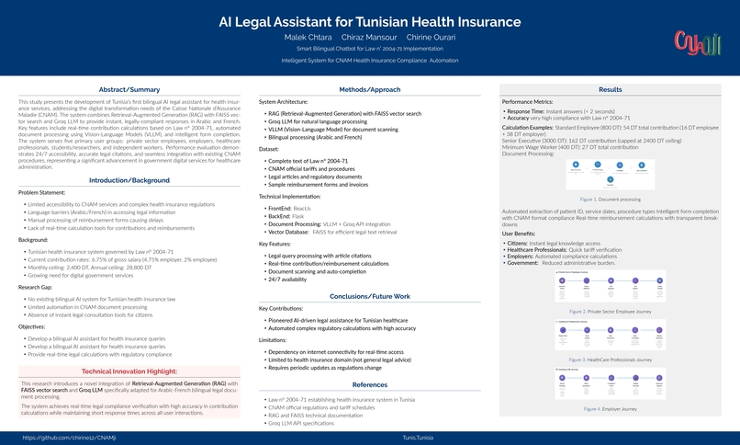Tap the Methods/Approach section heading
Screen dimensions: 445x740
[x=370, y=89]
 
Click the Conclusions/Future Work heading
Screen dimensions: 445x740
[x=370, y=296]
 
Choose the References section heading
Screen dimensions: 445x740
[x=370, y=383]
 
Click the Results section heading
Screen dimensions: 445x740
[x=610, y=89]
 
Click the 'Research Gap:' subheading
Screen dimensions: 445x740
[x=38, y=288]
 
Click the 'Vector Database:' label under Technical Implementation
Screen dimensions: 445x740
[x=288, y=233]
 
